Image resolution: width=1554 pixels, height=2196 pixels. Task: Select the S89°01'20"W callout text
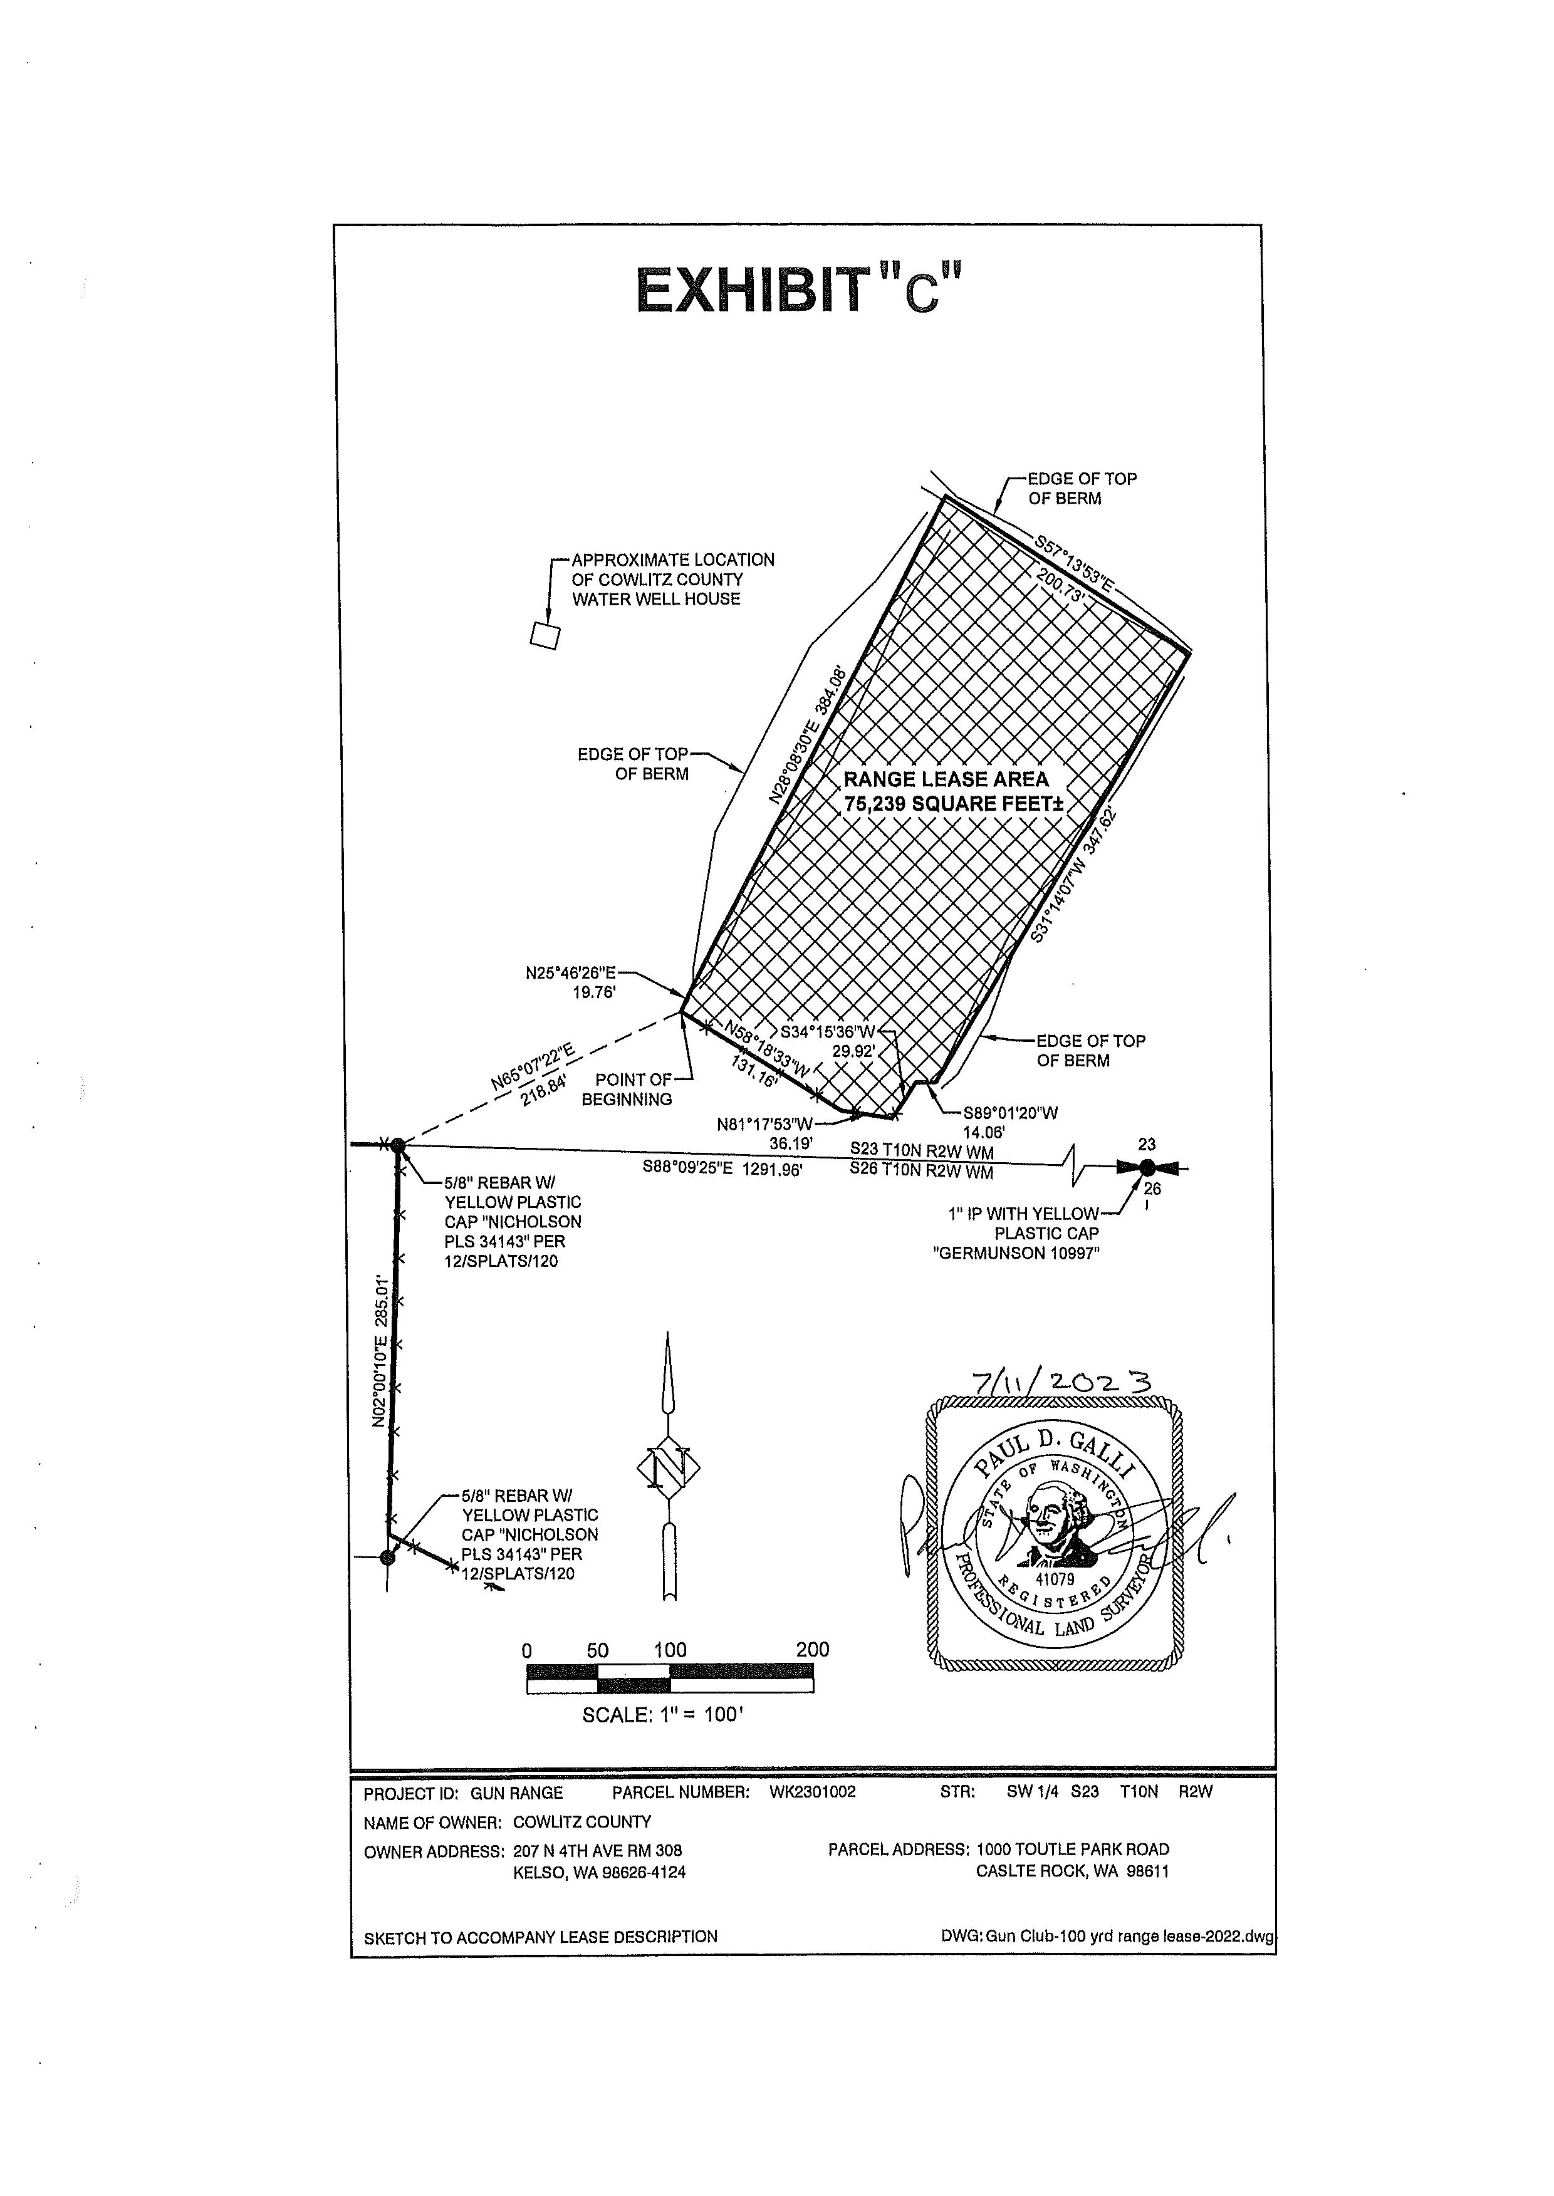(1011, 1113)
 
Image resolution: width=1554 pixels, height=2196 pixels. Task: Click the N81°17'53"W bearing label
(764, 1123)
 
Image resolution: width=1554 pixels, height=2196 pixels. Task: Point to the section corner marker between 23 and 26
(1146, 1167)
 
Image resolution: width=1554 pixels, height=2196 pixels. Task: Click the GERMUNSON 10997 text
(1016, 1254)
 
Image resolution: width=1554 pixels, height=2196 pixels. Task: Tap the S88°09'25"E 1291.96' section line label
(722, 1168)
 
